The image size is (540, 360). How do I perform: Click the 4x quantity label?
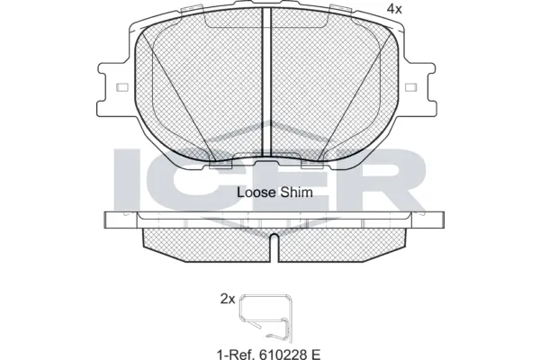[392, 8]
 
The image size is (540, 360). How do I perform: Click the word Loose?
[255, 192]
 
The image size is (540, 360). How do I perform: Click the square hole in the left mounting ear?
[121, 87]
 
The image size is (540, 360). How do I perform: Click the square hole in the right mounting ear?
[411, 87]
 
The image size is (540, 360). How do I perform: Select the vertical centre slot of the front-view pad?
[266, 85]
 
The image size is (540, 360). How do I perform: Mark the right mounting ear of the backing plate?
[418, 87]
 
